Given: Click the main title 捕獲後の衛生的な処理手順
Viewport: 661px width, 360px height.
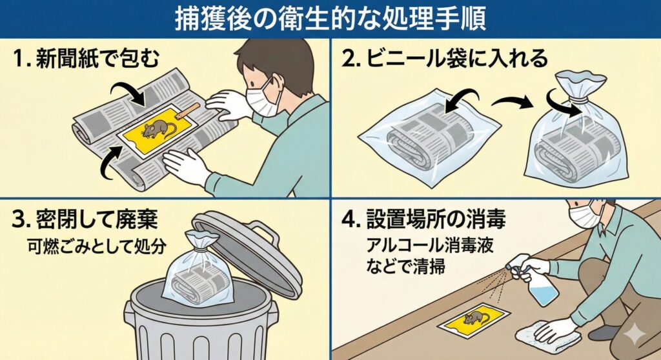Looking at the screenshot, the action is coord(330,19).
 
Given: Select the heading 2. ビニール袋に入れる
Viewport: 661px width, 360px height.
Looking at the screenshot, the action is coord(444,58).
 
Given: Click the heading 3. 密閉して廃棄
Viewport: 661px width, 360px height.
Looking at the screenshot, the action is coord(85,219).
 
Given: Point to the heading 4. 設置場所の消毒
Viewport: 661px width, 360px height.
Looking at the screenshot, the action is coord(423,219).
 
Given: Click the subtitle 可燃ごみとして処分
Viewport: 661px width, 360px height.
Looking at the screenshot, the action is coord(97,246).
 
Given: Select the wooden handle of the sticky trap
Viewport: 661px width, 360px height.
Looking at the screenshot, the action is coord(187,111).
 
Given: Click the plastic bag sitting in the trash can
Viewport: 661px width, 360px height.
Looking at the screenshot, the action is coord(198,270).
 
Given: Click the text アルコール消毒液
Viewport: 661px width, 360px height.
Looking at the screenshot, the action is coord(429,245).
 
